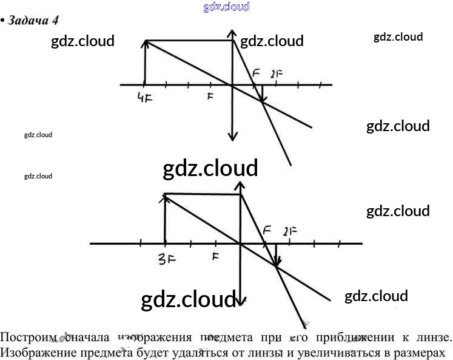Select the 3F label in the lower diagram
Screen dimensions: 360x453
(166, 257)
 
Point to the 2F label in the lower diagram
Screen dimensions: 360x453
(290, 231)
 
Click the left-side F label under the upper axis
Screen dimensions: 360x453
(210, 97)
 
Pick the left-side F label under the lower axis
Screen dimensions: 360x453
(215, 256)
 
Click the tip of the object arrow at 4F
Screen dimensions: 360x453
(146, 42)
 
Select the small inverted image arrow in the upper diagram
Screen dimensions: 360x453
(262, 94)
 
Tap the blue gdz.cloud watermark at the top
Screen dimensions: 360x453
(227, 7)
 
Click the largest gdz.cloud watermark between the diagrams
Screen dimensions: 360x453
(210, 168)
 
